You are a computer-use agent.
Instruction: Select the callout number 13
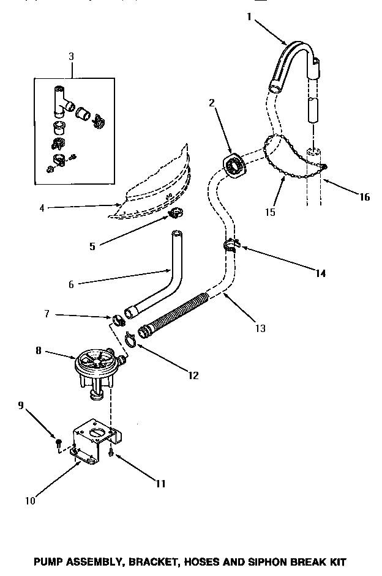(x=260, y=328)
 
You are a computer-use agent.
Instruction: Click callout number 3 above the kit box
(x=72, y=56)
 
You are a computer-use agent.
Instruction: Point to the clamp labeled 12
(x=131, y=336)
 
